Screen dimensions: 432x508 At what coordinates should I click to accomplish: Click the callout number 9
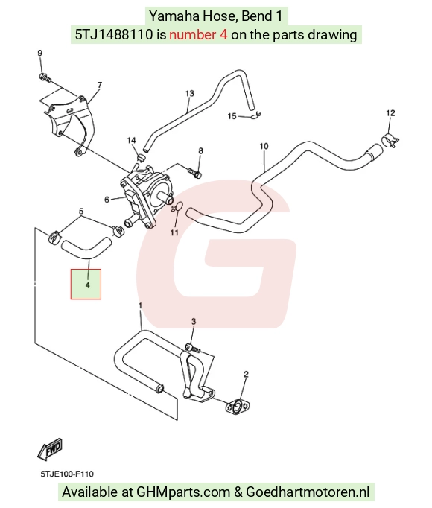pyautogui.click(x=40, y=53)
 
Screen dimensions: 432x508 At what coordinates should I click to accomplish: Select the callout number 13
pyautogui.click(x=190, y=93)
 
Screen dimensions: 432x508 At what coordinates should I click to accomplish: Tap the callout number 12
pyautogui.click(x=390, y=113)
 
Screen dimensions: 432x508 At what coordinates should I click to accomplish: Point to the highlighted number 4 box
pyautogui.click(x=86, y=284)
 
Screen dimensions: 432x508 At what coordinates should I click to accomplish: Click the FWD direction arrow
pyautogui.click(x=50, y=450)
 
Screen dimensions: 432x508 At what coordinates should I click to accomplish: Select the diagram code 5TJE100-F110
pyautogui.click(x=67, y=474)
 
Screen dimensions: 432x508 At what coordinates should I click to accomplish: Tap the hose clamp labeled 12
pyautogui.click(x=390, y=139)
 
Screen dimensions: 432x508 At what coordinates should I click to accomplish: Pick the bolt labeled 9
pyautogui.click(x=45, y=77)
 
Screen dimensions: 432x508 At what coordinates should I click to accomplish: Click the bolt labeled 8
pyautogui.click(x=194, y=173)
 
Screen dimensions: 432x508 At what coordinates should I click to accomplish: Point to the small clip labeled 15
pyautogui.click(x=256, y=115)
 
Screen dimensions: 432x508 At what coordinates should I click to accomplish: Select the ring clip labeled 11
pyautogui.click(x=177, y=207)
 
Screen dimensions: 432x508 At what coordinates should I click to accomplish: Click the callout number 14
pyautogui.click(x=131, y=140)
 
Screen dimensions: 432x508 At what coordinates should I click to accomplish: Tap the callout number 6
pyautogui.click(x=107, y=200)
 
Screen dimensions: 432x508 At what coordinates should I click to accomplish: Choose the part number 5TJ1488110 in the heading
pyautogui.click(x=114, y=34)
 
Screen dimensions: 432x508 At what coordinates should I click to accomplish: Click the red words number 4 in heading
pyautogui.click(x=198, y=34)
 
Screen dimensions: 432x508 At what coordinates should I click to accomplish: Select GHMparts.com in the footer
pyautogui.click(x=183, y=492)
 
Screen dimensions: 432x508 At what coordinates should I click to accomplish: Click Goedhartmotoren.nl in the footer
pyautogui.click(x=308, y=492)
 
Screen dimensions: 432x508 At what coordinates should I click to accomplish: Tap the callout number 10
pyautogui.click(x=264, y=146)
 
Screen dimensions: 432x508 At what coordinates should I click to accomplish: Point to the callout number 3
pyautogui.click(x=194, y=321)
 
